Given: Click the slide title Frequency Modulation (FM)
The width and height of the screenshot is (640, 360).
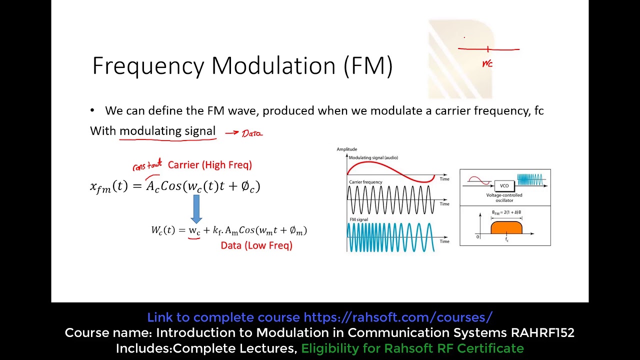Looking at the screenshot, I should click(242, 66).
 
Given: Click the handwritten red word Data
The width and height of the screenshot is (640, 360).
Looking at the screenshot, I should click(252, 133).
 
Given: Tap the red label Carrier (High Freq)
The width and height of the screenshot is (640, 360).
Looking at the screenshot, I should click(209, 165).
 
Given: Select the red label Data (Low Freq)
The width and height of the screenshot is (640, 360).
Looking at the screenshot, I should click(256, 245).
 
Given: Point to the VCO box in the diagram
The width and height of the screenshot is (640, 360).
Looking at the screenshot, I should click(504, 185).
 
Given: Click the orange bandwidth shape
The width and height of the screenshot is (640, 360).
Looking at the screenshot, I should click(506, 228).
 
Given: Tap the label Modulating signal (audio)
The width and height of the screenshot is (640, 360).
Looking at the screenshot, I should click(373, 157).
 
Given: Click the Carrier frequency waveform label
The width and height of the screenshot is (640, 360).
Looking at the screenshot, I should click(365, 182).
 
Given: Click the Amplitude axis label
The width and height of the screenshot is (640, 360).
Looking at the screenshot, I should click(346, 149).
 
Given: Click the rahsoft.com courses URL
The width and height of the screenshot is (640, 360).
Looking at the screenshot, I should click(398, 317).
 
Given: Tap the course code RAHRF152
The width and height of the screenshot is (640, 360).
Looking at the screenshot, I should click(542, 333).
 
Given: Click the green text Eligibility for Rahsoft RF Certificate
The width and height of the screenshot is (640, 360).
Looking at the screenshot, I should click(412, 348).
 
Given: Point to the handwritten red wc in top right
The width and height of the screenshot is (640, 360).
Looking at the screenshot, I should click(487, 64).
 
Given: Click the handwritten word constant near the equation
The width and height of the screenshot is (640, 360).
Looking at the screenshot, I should click(147, 166).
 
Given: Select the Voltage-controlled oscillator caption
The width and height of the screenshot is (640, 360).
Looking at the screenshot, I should click(504, 197).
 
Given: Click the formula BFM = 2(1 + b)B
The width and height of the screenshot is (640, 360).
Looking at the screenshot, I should click(506, 212).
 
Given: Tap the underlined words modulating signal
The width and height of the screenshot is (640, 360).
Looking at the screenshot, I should click(167, 131).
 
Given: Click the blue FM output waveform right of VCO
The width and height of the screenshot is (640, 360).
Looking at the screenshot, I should click(529, 180).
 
